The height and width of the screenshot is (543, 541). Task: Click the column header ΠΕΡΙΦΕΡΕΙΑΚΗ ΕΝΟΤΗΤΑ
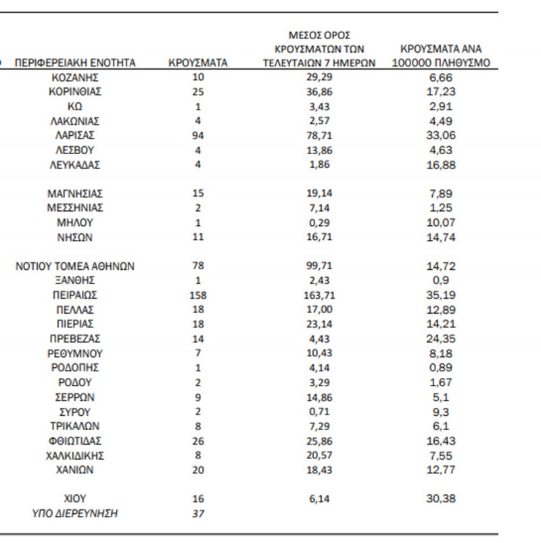pyautogui.click(x=75, y=63)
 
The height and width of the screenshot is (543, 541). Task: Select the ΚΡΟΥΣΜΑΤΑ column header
pyautogui.click(x=197, y=63)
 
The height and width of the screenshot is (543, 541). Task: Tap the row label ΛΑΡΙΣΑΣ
pyautogui.click(x=75, y=135)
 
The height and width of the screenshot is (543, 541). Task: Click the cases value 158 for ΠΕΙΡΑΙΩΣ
pyautogui.click(x=197, y=295)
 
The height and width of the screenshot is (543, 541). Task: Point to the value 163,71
pyautogui.click(x=320, y=295)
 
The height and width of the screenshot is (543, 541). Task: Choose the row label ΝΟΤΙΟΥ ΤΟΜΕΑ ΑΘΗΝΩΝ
pyautogui.click(x=75, y=266)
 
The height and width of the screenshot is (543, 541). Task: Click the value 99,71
pyautogui.click(x=320, y=266)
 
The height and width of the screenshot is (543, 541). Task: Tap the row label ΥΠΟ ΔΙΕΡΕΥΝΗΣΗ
pyautogui.click(x=75, y=513)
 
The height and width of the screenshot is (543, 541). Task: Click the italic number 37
pyautogui.click(x=197, y=513)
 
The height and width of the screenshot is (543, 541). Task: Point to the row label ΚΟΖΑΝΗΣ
pyautogui.click(x=75, y=77)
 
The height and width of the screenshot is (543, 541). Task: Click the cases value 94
pyautogui.click(x=197, y=135)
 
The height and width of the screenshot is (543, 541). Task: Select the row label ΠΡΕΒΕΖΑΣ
pyautogui.click(x=75, y=339)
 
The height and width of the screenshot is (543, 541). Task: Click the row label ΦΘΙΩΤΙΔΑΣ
pyautogui.click(x=75, y=440)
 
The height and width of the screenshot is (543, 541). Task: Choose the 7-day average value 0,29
pyautogui.click(x=320, y=222)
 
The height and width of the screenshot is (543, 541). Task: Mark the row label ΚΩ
pyautogui.click(x=75, y=106)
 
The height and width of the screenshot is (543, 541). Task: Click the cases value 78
pyautogui.click(x=197, y=266)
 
